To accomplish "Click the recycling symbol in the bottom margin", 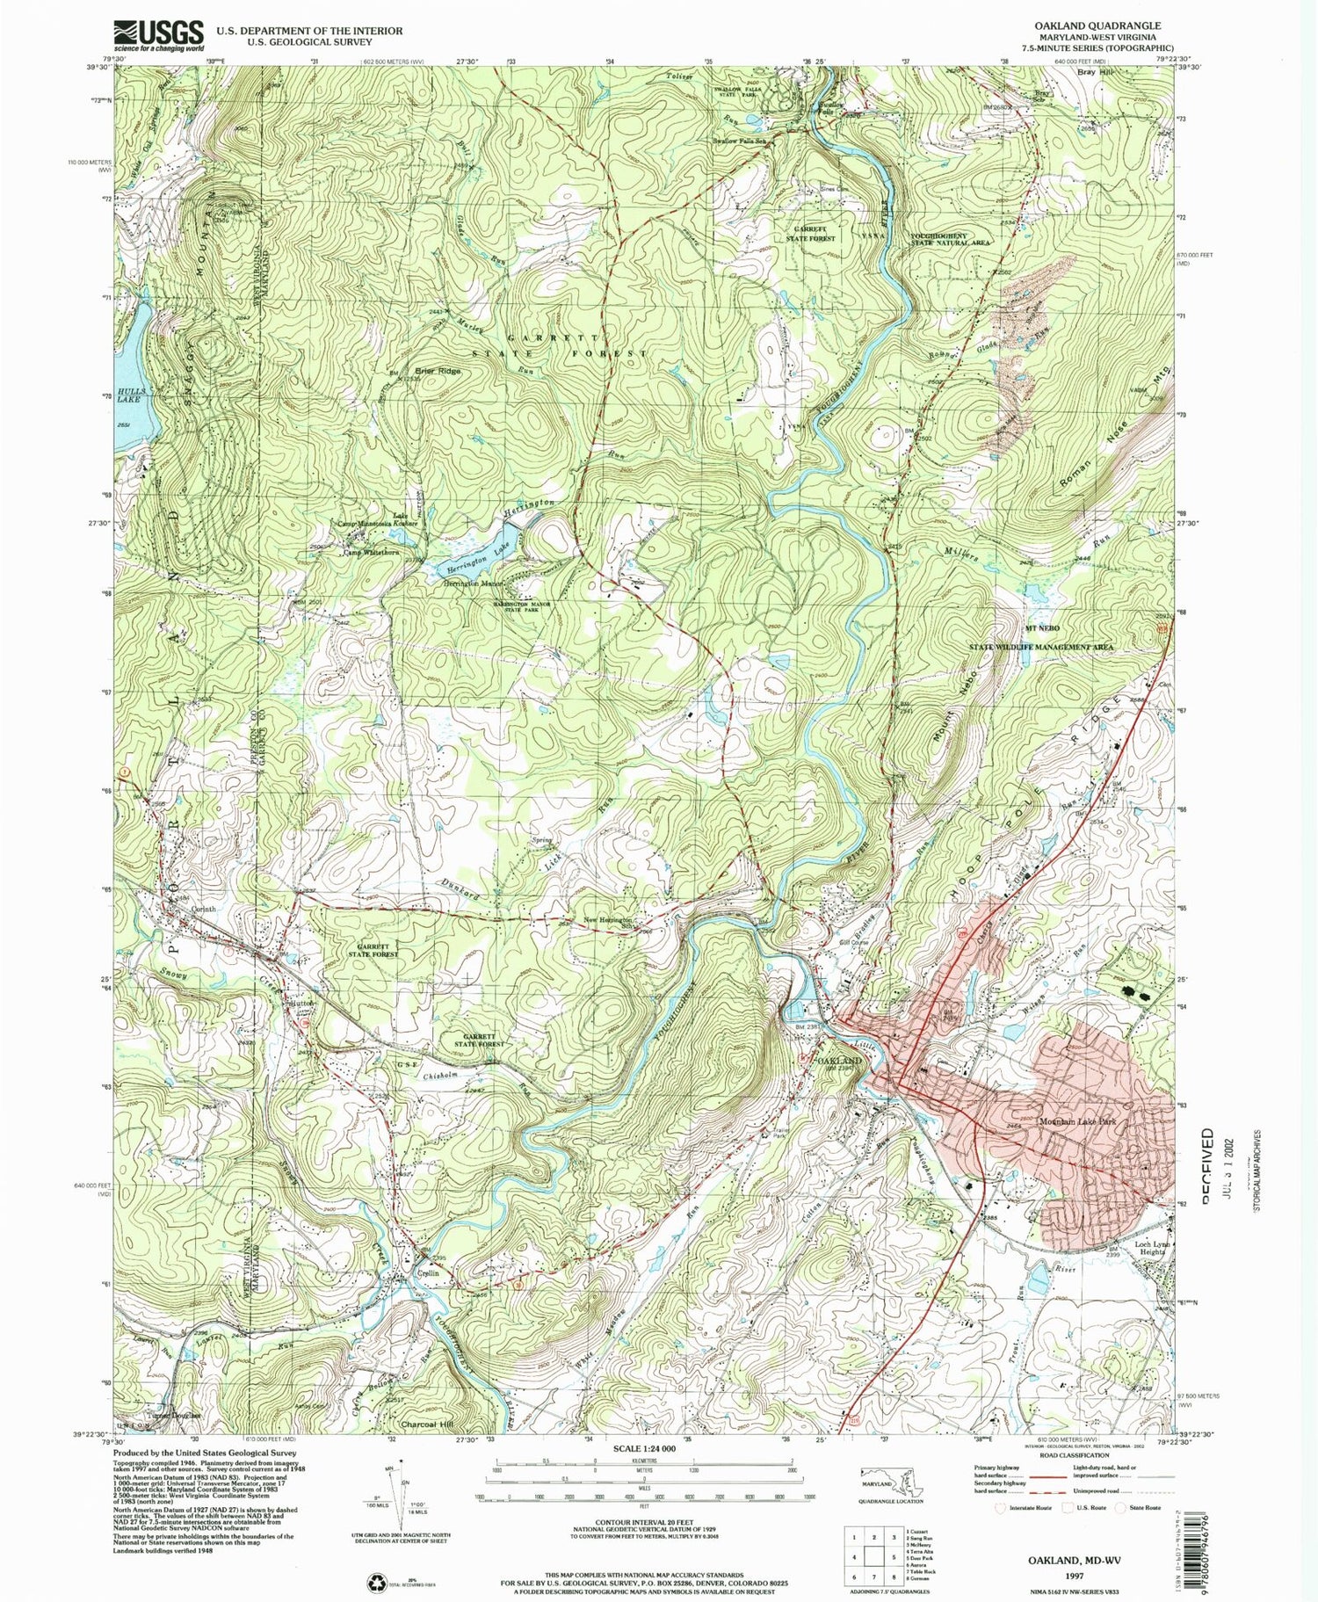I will click(375, 1582).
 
